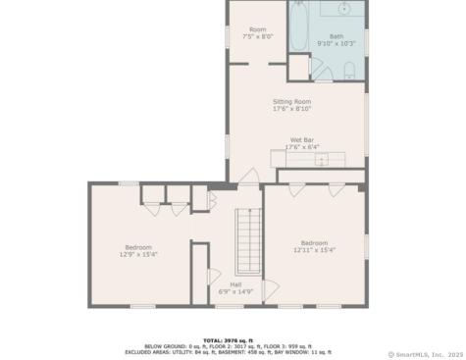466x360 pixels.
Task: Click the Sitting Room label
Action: click(x=291, y=101)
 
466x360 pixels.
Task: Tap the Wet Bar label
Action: click(x=302, y=139)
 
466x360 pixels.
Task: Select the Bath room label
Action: click(x=337, y=36)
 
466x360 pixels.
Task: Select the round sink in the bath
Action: click(x=344, y=10)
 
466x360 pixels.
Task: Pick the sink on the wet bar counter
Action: click(x=318, y=158)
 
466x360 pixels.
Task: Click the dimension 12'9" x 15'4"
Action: click(x=138, y=254)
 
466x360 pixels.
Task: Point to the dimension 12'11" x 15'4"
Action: click(x=314, y=250)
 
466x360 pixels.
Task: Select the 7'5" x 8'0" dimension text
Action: click(x=257, y=37)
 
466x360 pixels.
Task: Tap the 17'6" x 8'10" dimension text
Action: click(x=291, y=109)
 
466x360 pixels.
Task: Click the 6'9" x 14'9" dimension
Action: click(x=235, y=291)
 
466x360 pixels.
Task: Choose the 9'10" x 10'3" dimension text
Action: click(x=337, y=44)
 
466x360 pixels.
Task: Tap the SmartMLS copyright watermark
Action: click(x=425, y=354)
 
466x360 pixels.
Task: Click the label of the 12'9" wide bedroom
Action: click(x=138, y=246)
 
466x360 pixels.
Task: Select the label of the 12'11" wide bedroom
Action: click(x=314, y=242)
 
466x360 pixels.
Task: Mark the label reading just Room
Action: click(x=257, y=29)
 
